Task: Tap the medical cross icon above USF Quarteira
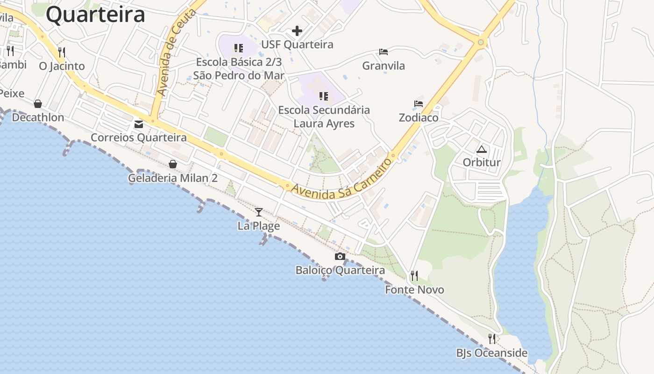tap(297, 31)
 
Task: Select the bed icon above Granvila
tap(384, 52)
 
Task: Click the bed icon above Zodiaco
tap(419, 104)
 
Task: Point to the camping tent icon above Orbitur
tap(482, 150)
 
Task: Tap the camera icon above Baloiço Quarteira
tap(340, 256)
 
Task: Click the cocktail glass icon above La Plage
tap(259, 212)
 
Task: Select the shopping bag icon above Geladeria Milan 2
tap(173, 164)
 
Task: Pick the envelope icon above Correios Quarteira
tap(139, 124)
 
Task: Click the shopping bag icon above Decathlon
tap(38, 103)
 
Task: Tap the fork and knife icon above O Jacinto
tap(62, 52)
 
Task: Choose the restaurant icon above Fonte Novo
tap(414, 276)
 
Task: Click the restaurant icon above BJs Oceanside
tap(492, 339)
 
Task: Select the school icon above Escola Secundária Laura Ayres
tap(324, 96)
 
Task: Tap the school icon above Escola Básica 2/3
tap(239, 48)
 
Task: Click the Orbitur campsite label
tap(482, 163)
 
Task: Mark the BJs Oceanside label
tap(492, 353)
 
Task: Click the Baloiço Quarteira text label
tap(340, 270)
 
